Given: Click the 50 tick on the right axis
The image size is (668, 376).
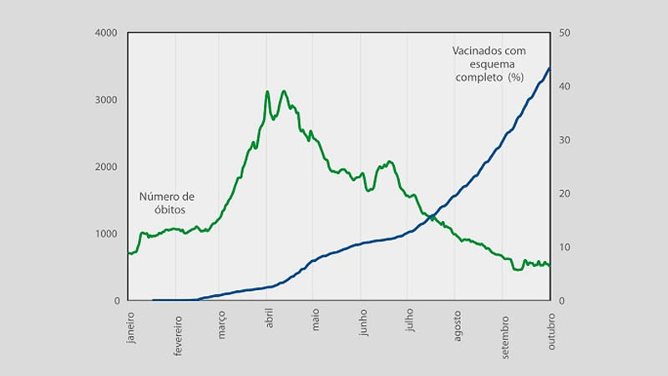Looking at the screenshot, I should pyautogui.click(x=564, y=33).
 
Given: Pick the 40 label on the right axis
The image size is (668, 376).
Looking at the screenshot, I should pyautogui.click(x=564, y=87).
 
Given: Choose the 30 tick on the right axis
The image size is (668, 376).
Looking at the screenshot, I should pyautogui.click(x=564, y=140).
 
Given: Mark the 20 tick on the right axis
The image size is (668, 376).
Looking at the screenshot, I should pyautogui.click(x=564, y=193).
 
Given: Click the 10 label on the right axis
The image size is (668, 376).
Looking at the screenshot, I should pyautogui.click(x=564, y=247).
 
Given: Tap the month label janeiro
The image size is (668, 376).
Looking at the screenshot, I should pyautogui.click(x=130, y=330).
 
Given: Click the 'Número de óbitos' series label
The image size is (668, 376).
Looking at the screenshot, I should pyautogui.click(x=167, y=203).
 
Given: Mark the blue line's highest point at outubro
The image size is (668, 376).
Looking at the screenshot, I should pyautogui.click(x=549, y=68).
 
